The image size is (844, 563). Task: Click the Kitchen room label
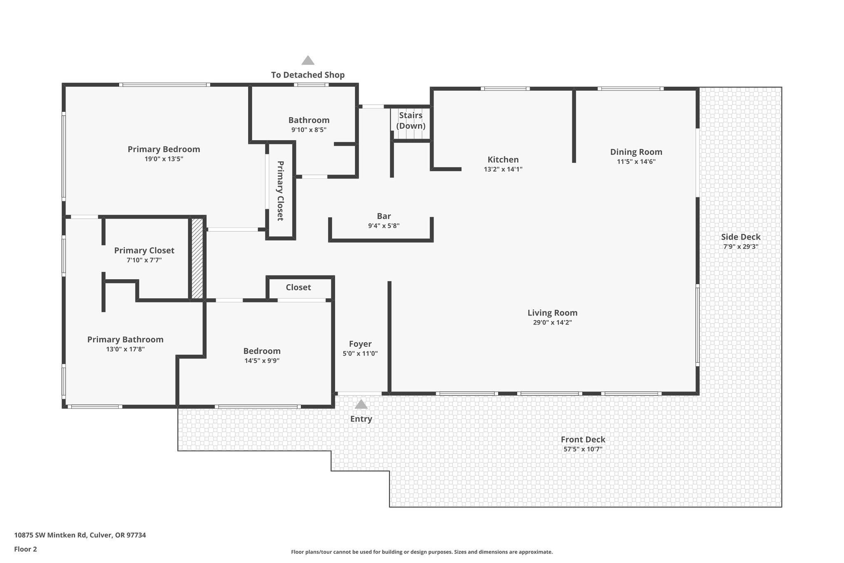point(503,160)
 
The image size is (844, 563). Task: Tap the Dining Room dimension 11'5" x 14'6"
point(636,162)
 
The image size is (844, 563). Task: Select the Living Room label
point(552,313)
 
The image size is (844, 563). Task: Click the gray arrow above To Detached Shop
point(308,61)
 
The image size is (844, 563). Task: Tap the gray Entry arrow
point(361,404)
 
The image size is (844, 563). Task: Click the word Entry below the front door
point(361,419)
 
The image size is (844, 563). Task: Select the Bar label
point(384,216)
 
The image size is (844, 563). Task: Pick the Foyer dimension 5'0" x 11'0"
point(360,353)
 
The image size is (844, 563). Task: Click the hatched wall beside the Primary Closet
point(197,259)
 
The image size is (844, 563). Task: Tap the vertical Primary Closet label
point(280,191)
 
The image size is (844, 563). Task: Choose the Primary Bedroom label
point(164,149)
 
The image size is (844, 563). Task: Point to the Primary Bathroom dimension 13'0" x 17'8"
point(125,349)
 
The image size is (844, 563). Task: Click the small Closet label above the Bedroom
point(298,287)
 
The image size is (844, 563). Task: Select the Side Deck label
point(741,237)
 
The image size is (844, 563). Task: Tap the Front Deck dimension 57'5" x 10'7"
point(583,449)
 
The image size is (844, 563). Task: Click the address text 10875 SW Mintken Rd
point(50,535)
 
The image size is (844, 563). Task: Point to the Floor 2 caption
point(26,549)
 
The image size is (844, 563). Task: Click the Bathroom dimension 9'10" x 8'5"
point(309,130)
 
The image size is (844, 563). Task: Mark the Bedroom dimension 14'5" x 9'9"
point(262,361)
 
